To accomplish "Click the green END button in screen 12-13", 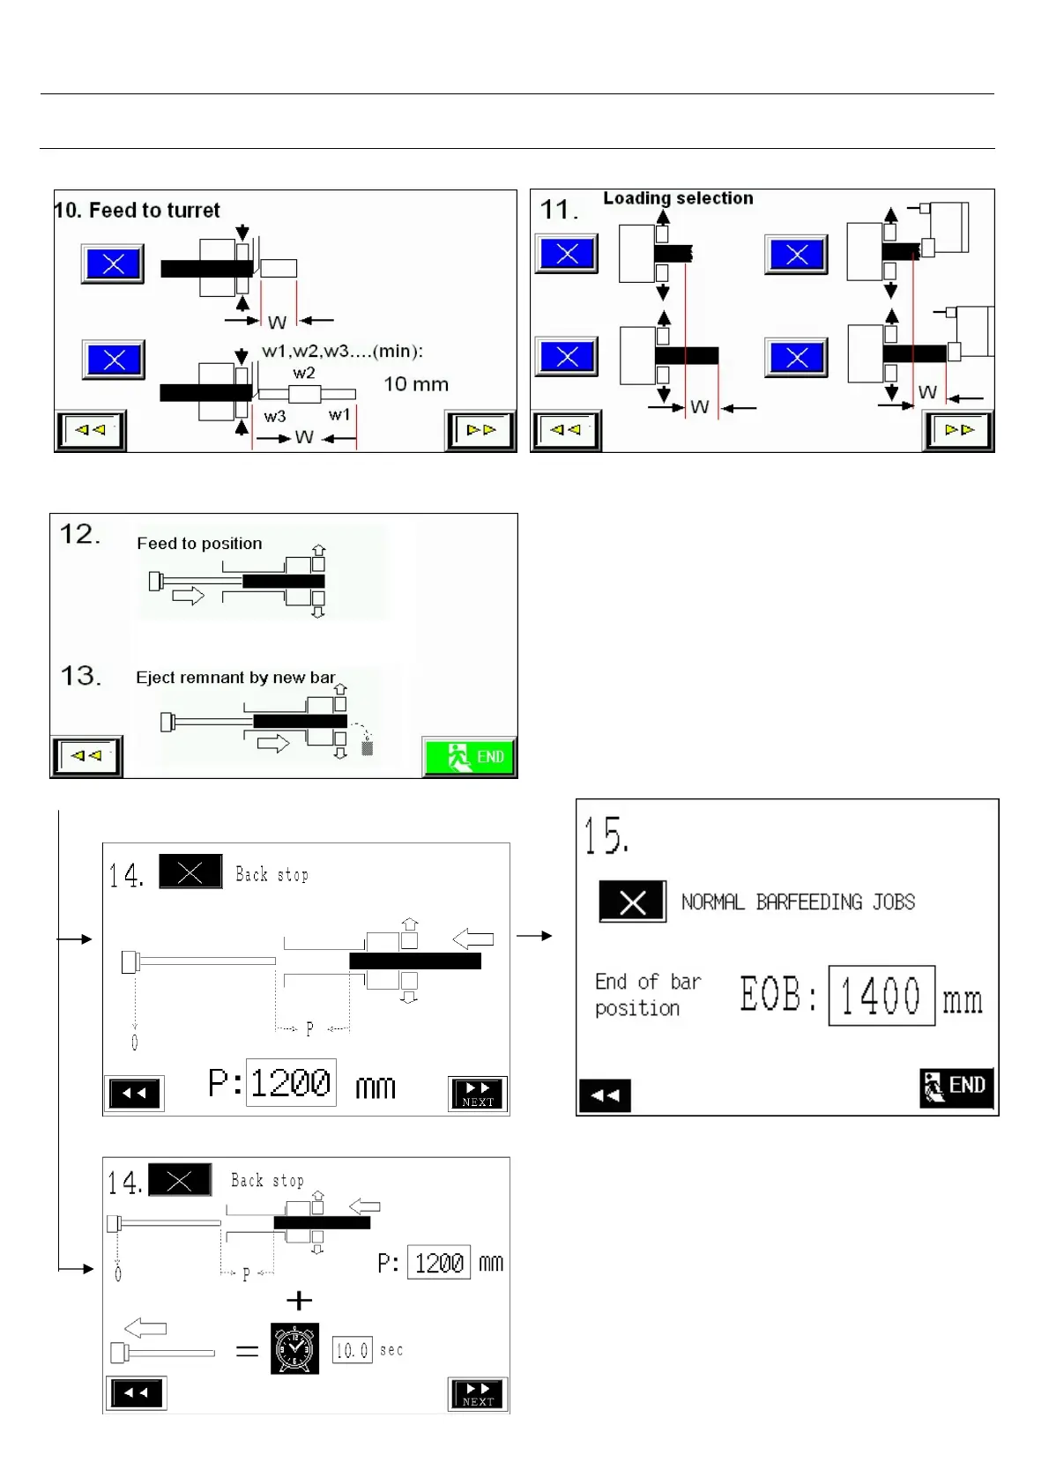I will tap(470, 757).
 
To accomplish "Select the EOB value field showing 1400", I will tap(881, 996).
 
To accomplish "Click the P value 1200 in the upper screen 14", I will tap(291, 1082).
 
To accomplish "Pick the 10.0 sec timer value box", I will tap(352, 1350).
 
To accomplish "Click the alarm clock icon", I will tap(294, 1349).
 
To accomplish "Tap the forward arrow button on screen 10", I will tap(480, 431).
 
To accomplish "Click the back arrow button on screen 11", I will tap(566, 431).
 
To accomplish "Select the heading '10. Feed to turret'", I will tap(138, 211).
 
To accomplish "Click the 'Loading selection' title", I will tap(678, 198).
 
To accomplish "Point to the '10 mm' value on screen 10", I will tap(416, 384).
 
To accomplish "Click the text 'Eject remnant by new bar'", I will tap(235, 678).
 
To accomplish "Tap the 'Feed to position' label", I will tap(199, 544).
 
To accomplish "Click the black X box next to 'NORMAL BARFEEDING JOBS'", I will tap(632, 902).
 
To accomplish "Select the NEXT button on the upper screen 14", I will tap(478, 1094).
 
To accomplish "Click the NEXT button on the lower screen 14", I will tap(478, 1393).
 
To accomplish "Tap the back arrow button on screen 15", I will tap(605, 1095).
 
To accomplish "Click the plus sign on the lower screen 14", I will tap(300, 1301).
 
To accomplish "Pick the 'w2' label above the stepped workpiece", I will tap(304, 373).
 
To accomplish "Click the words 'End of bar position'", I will tap(647, 995).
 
